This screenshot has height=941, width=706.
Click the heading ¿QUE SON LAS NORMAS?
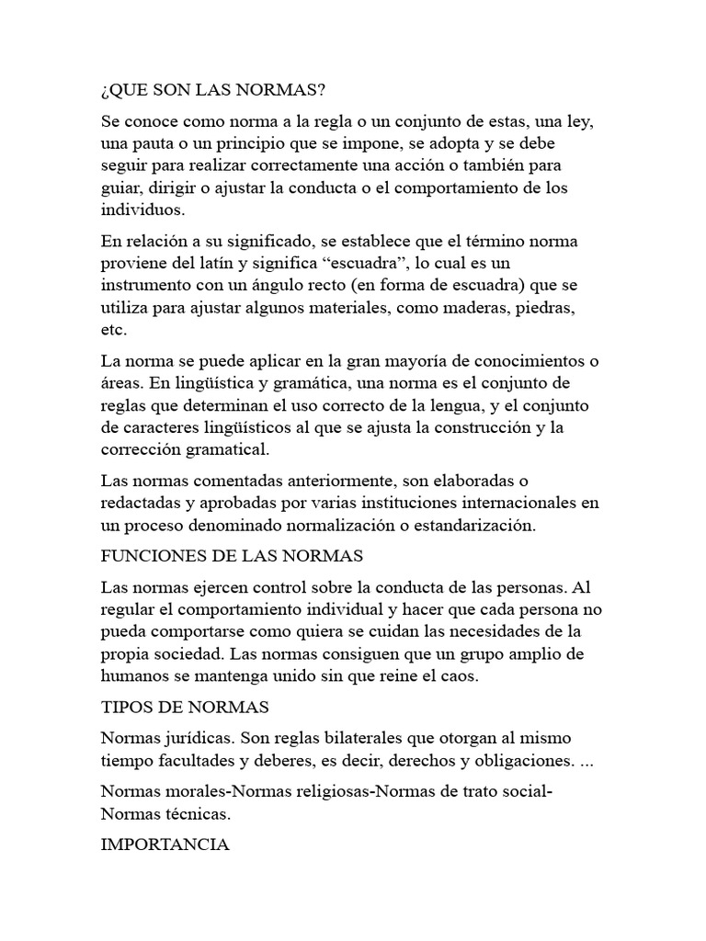[212, 93]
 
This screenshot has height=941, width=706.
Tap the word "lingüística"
[270, 383]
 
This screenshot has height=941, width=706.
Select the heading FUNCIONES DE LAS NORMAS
[233, 557]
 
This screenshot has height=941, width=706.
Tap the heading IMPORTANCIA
[165, 844]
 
